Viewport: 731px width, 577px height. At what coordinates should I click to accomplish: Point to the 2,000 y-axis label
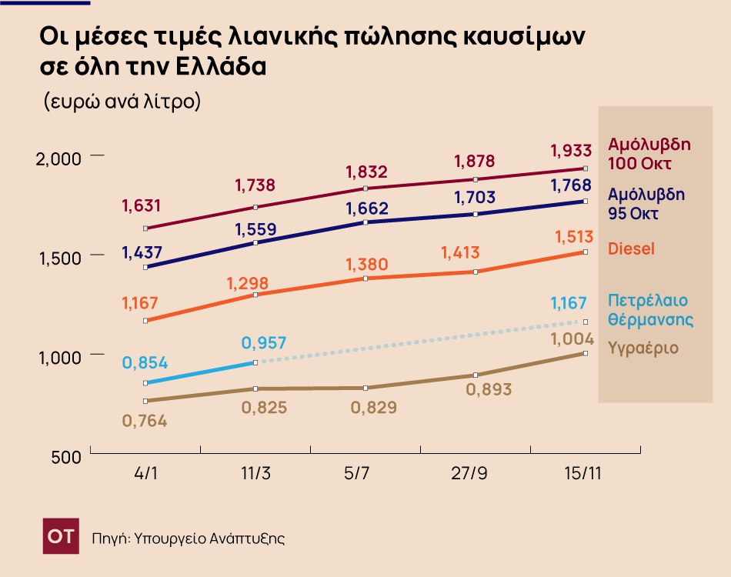click(x=59, y=158)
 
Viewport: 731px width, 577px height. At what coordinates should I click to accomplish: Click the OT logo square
click(x=61, y=536)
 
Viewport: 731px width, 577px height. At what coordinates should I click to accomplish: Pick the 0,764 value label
click(x=145, y=422)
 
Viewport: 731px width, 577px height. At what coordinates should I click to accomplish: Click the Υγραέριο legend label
click(x=643, y=348)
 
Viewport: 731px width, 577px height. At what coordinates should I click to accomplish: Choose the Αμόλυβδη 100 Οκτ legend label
click(x=649, y=154)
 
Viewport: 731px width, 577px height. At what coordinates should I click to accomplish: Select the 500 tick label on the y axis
click(x=66, y=458)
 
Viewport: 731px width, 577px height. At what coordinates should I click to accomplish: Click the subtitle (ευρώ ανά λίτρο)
click(x=122, y=101)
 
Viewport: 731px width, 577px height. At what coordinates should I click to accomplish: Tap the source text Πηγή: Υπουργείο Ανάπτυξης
click(x=189, y=538)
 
